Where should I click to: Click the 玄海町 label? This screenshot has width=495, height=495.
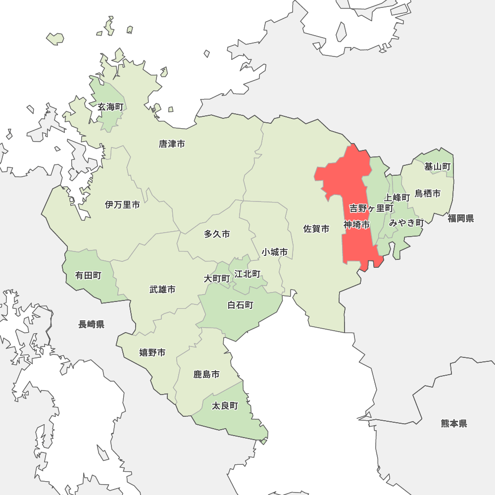coord(110,107)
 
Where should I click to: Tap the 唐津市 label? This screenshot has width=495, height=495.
coord(172,144)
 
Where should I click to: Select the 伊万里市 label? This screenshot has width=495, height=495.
coord(122,205)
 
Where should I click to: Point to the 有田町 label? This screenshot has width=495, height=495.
coord(88,275)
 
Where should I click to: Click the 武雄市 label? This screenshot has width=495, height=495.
coord(162,290)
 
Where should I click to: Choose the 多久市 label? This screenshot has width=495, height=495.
coord(217,234)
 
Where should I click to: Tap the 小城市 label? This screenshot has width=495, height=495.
coord(275,252)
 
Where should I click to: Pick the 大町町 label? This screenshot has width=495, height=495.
coord(217,279)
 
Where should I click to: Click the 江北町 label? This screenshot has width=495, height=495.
coord(247,274)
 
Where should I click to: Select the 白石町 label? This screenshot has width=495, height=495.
coord(240,305)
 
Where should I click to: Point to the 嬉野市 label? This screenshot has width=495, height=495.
coord(152,352)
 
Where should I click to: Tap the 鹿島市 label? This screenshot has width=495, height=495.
coord(206,375)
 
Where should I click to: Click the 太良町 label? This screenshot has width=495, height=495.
coord(225,406)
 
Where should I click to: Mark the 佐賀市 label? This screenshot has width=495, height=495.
coord(316,229)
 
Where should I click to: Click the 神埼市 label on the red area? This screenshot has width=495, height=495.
coord(357,225)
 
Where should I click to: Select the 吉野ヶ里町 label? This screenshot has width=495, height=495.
coord(371,208)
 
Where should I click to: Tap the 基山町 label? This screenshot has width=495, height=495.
coord(438,167)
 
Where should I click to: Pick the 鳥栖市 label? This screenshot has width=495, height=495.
coord(428,194)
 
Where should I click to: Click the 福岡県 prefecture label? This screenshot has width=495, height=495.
coord(461,218)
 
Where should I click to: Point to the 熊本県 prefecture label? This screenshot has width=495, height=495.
coord(454,423)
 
